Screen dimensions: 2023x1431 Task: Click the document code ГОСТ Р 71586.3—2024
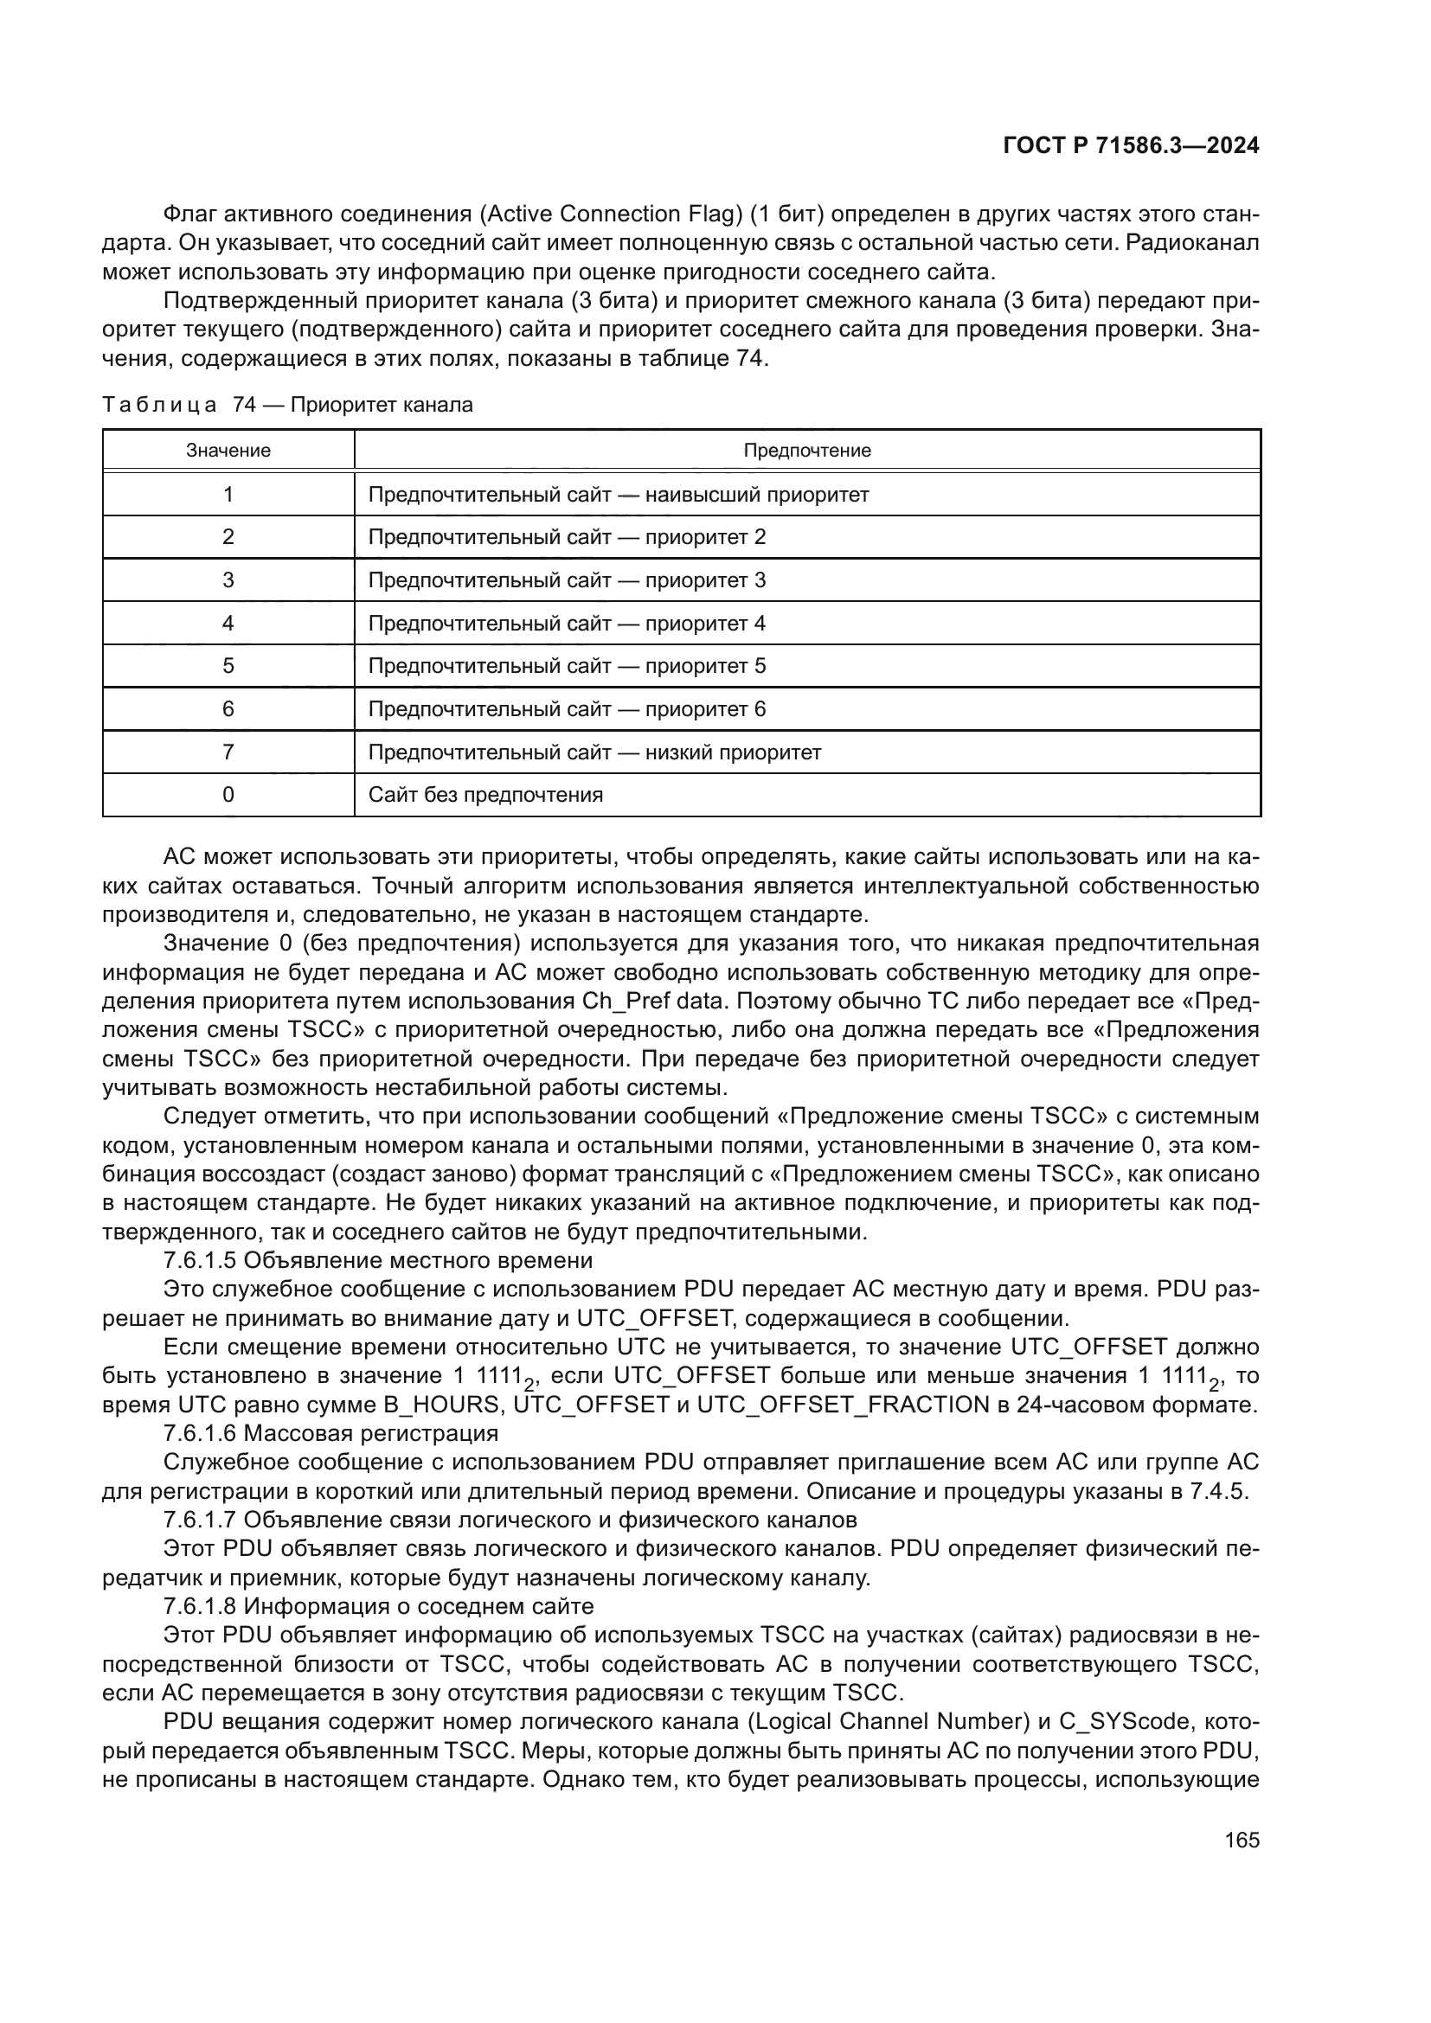1131,146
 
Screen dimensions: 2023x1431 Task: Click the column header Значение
228,451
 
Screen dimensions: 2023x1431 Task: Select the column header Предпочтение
806,451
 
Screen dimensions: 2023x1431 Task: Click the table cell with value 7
228,752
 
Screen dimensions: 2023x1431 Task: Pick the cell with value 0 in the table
228,795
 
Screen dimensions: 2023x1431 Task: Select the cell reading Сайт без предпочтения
485,795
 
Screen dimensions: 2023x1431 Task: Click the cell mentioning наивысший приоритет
618,495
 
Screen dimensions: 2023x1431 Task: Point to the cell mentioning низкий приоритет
594,752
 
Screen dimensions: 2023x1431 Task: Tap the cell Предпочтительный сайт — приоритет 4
567,623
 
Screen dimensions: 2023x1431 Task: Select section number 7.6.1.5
200,1260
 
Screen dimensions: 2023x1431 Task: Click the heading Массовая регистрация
371,1433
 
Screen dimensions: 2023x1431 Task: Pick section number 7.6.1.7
200,1520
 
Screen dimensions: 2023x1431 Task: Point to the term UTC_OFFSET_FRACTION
843,1405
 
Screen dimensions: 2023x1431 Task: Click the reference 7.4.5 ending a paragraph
1223,1492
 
